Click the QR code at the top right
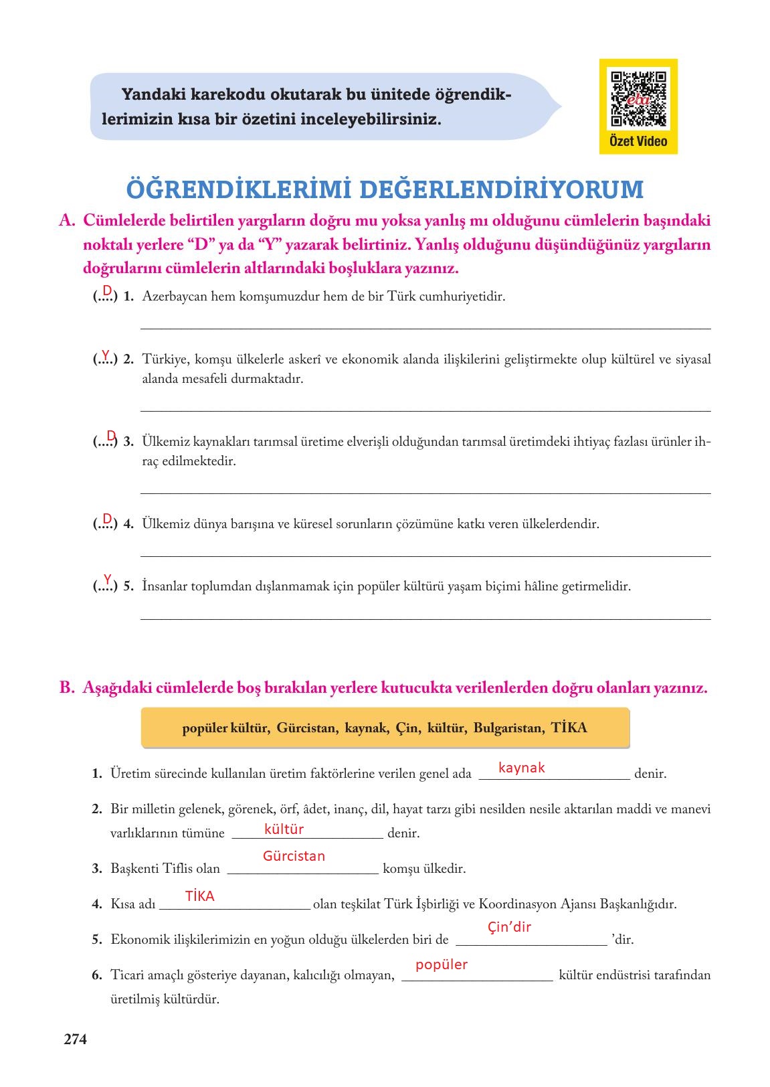point(638,99)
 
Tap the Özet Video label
point(638,141)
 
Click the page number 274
point(75,1039)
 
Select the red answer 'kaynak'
point(521,768)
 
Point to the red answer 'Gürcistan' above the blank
point(294,856)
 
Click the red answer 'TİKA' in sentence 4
point(199,896)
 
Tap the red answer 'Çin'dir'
point(509,927)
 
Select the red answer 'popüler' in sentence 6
point(441,965)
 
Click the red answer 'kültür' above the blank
point(284,829)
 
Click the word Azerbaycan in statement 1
point(174,297)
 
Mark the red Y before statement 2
point(106,353)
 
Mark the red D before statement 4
point(107,519)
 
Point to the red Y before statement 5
point(107,579)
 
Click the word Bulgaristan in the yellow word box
point(508,728)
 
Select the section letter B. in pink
point(67,687)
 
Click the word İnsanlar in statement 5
point(165,586)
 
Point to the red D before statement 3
point(111,436)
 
